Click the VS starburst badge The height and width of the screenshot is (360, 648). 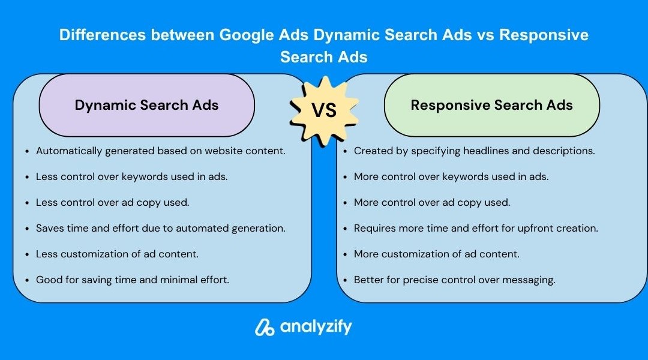coord(324,111)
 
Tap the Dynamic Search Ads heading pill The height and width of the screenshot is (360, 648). coord(147,105)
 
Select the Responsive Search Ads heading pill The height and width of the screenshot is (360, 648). coord(492,105)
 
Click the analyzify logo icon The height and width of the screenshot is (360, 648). coord(265,328)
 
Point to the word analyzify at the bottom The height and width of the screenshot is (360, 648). coord(316,327)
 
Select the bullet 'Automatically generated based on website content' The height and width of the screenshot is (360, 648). coord(160,151)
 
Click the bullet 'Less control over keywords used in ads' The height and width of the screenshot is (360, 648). coord(131,176)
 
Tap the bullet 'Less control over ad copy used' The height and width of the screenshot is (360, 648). coord(112,203)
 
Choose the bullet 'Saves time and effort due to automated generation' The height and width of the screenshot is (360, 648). coord(160,228)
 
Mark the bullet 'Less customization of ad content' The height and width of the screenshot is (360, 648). coord(117,254)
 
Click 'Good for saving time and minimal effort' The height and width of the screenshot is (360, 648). coord(132,280)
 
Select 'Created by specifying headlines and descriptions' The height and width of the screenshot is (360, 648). coord(475,151)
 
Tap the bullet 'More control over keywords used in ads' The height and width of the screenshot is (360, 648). coord(451,176)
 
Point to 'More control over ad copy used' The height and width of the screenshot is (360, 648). coord(432,203)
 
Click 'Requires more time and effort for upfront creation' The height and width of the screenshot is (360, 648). coord(476,228)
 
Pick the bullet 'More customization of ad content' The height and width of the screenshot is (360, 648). coord(436,254)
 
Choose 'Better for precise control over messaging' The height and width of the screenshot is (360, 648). coord(455,280)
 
